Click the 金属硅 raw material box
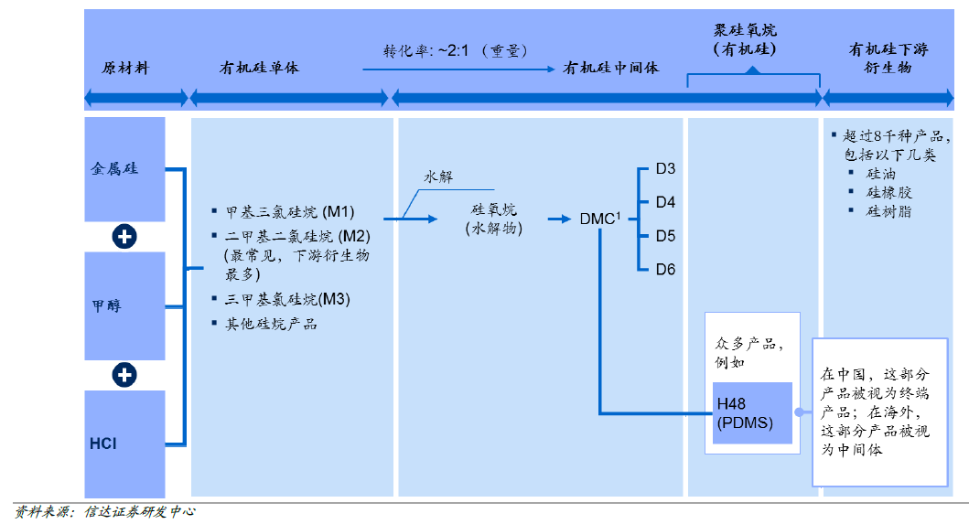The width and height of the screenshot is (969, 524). [124, 168]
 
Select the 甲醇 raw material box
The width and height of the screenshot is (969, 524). [124, 305]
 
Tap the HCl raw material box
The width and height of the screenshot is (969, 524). [124, 444]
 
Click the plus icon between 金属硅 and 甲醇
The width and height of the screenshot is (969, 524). [124, 237]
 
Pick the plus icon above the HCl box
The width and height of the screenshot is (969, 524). [124, 375]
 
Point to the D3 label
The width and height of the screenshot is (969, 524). [665, 168]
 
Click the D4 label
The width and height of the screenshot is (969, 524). [665, 202]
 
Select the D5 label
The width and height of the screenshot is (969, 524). [665, 236]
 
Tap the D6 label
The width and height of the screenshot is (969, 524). [665, 270]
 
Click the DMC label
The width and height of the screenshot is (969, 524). [599, 219]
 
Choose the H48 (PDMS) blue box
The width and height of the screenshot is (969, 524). [751, 413]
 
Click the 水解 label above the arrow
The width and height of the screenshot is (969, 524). [437, 177]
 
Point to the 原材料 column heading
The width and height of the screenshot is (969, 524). [124, 69]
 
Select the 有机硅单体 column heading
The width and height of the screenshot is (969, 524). [259, 69]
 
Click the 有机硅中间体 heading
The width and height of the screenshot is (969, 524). [610, 69]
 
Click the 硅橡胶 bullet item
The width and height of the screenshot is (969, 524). [889, 192]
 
